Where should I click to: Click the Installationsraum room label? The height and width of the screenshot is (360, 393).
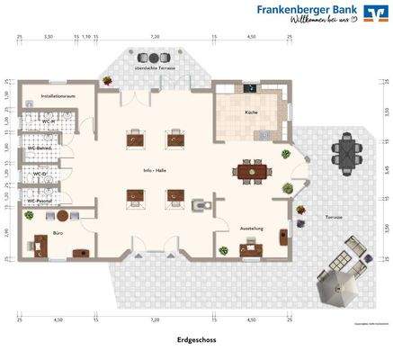56,94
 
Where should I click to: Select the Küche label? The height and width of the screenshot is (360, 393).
251,112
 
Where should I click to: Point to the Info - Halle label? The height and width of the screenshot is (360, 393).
156,170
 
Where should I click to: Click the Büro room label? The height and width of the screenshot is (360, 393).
58,232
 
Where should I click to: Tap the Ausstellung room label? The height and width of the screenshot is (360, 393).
251,229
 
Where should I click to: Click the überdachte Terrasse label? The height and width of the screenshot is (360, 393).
154,67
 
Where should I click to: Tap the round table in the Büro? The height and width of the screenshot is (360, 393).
61,216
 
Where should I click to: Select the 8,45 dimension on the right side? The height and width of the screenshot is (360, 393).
385,168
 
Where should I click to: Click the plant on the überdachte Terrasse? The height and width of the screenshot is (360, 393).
108,80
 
